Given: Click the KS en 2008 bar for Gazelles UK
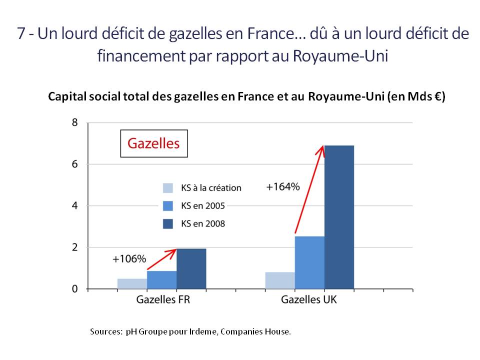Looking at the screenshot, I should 339,217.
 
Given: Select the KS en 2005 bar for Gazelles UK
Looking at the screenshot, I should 309,262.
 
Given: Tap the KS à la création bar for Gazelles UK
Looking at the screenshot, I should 280,280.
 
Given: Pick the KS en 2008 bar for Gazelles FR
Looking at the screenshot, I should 191,268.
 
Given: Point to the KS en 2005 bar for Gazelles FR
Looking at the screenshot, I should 161,280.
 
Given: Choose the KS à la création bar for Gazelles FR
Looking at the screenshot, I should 132,283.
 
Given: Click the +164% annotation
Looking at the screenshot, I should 283,187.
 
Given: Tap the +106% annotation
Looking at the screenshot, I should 129,259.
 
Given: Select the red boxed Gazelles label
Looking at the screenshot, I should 153,143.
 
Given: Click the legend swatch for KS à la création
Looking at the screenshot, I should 168,188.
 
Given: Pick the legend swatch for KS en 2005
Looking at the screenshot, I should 168,205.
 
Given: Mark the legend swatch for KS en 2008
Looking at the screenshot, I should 168,223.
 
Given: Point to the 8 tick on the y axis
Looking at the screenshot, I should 75,122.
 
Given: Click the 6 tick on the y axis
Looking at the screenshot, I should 75,164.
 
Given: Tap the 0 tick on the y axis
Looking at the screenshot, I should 75,289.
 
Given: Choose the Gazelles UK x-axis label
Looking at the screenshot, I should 309,300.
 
